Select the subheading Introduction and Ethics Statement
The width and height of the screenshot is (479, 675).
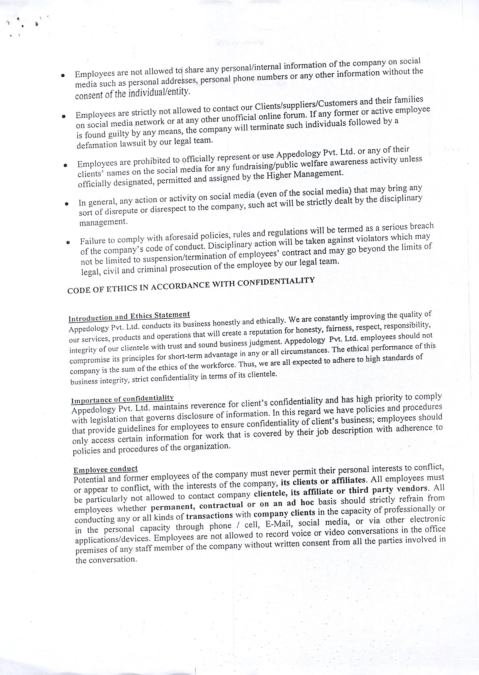(129, 316)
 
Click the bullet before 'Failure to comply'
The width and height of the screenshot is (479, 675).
(68, 242)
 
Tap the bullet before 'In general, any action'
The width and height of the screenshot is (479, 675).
(67, 203)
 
